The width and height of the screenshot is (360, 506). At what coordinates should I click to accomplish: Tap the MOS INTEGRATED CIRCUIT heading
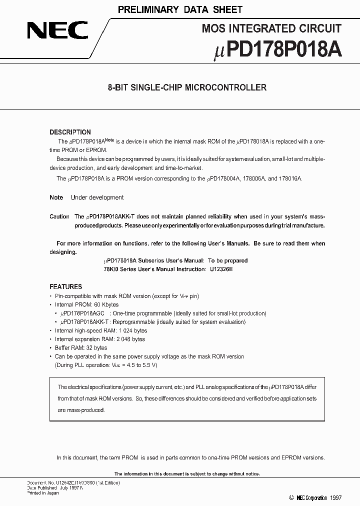(271, 28)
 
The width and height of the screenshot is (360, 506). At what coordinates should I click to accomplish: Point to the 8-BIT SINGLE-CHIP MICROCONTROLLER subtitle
(187, 87)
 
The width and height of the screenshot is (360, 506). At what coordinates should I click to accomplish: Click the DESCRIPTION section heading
(70, 132)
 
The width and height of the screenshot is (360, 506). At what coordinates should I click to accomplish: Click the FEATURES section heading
(65, 286)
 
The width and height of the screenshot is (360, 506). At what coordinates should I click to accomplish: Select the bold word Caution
(59, 216)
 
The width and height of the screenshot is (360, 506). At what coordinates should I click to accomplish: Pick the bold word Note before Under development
(56, 197)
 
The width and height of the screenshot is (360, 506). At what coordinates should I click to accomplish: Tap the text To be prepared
(227, 260)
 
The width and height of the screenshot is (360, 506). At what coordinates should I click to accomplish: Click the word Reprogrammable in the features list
(134, 321)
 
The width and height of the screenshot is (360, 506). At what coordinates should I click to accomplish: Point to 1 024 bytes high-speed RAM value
(133, 330)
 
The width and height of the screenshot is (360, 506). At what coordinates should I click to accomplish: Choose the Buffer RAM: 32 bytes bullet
(81, 347)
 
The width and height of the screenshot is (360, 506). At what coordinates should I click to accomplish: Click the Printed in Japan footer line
(42, 493)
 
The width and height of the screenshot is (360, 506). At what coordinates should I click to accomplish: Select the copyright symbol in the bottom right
(291, 498)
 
